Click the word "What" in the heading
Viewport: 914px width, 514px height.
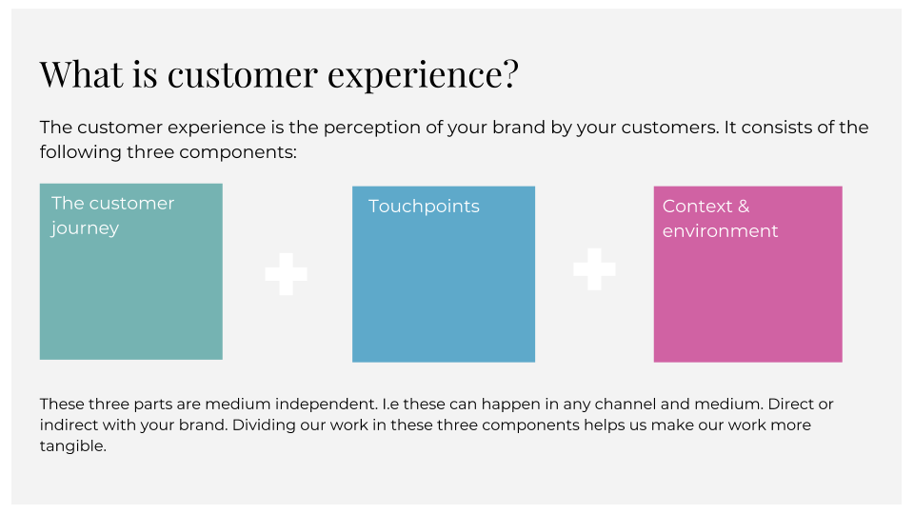(x=82, y=74)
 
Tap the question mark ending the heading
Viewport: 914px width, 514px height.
(x=510, y=74)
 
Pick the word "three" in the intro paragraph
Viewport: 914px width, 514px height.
(x=150, y=152)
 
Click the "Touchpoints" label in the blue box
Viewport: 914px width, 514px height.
(x=424, y=207)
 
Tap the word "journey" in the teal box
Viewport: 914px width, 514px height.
(x=85, y=228)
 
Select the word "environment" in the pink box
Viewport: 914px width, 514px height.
(x=720, y=231)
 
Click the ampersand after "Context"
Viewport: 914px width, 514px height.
(x=744, y=207)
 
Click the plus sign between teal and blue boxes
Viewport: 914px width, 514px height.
(x=286, y=274)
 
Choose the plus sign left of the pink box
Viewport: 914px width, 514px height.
(x=594, y=269)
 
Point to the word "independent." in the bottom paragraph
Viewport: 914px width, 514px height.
(x=326, y=404)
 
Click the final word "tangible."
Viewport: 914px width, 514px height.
(x=73, y=446)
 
